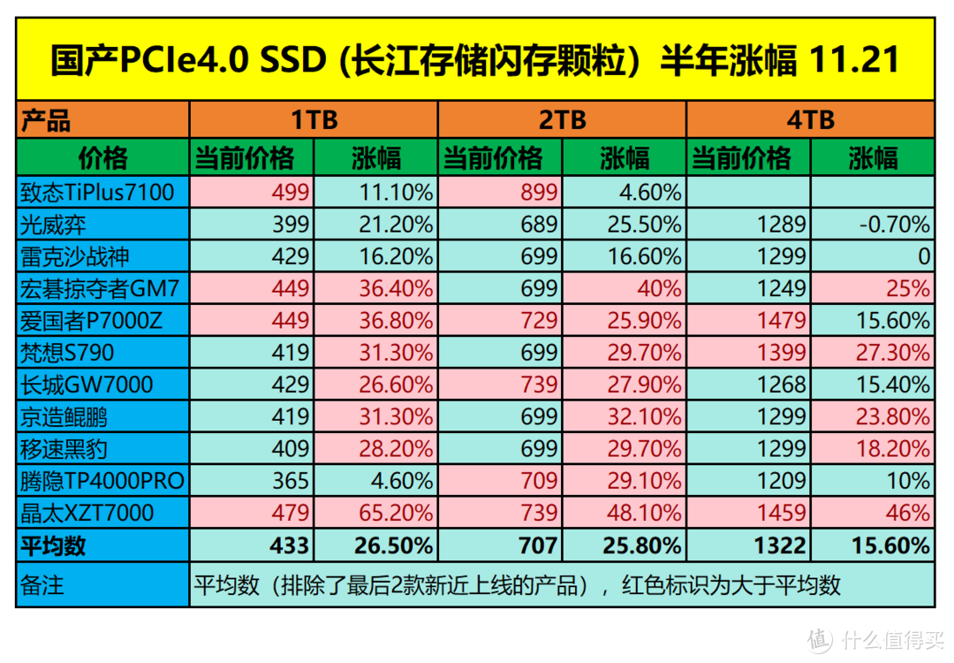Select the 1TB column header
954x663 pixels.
[314, 120]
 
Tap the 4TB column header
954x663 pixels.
[810, 120]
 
